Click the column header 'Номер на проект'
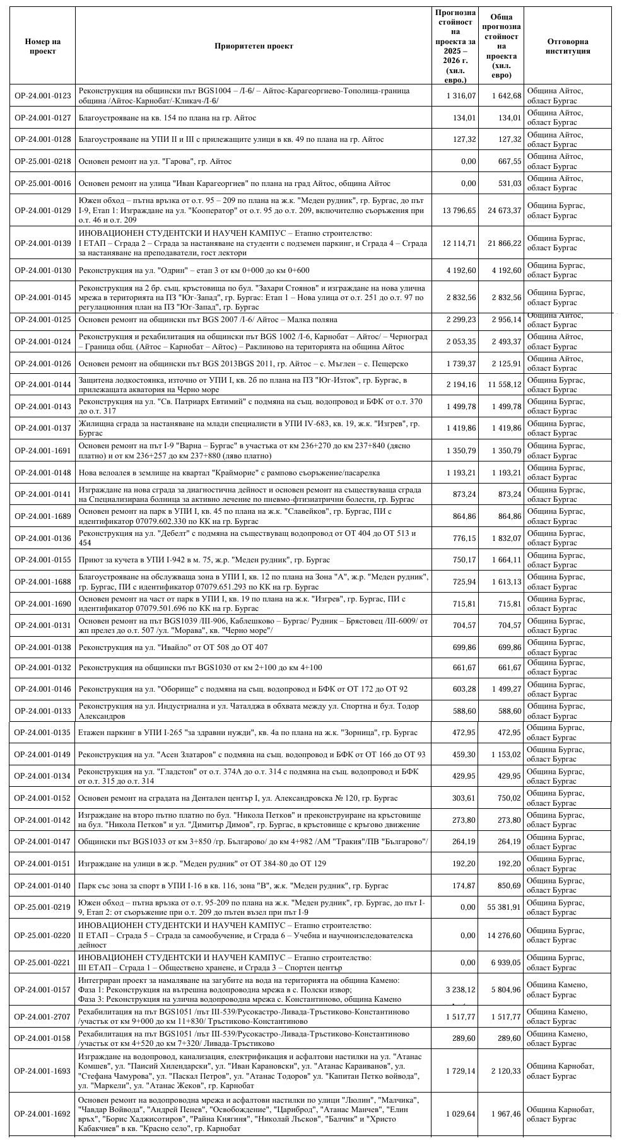(x=43, y=46)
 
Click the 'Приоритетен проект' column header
(x=254, y=46)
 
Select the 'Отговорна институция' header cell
(x=567, y=46)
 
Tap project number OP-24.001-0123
(x=43, y=96)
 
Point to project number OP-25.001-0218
(x=43, y=161)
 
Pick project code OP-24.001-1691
(x=43, y=451)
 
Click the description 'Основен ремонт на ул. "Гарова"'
(x=155, y=161)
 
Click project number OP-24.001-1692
(x=43, y=1114)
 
